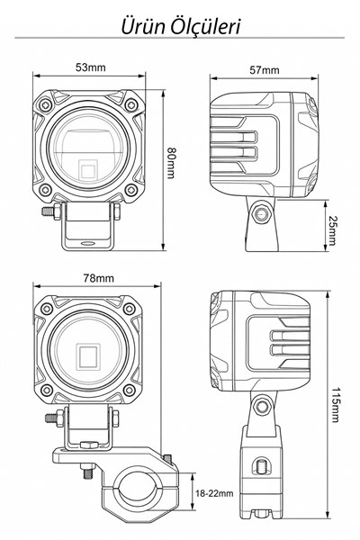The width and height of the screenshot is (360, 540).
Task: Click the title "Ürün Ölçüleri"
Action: click(x=181, y=26)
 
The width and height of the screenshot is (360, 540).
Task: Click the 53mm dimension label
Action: click(x=91, y=67)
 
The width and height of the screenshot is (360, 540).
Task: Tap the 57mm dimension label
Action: click(x=265, y=70)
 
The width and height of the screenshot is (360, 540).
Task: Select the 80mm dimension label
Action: click(x=170, y=163)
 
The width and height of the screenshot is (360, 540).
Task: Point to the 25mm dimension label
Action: click(x=331, y=230)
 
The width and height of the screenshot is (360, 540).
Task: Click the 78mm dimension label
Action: click(x=98, y=278)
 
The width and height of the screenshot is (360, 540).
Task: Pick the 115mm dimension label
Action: click(x=335, y=405)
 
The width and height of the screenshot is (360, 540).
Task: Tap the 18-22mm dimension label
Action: click(x=214, y=493)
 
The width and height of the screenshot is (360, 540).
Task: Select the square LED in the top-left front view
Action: click(x=87, y=169)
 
